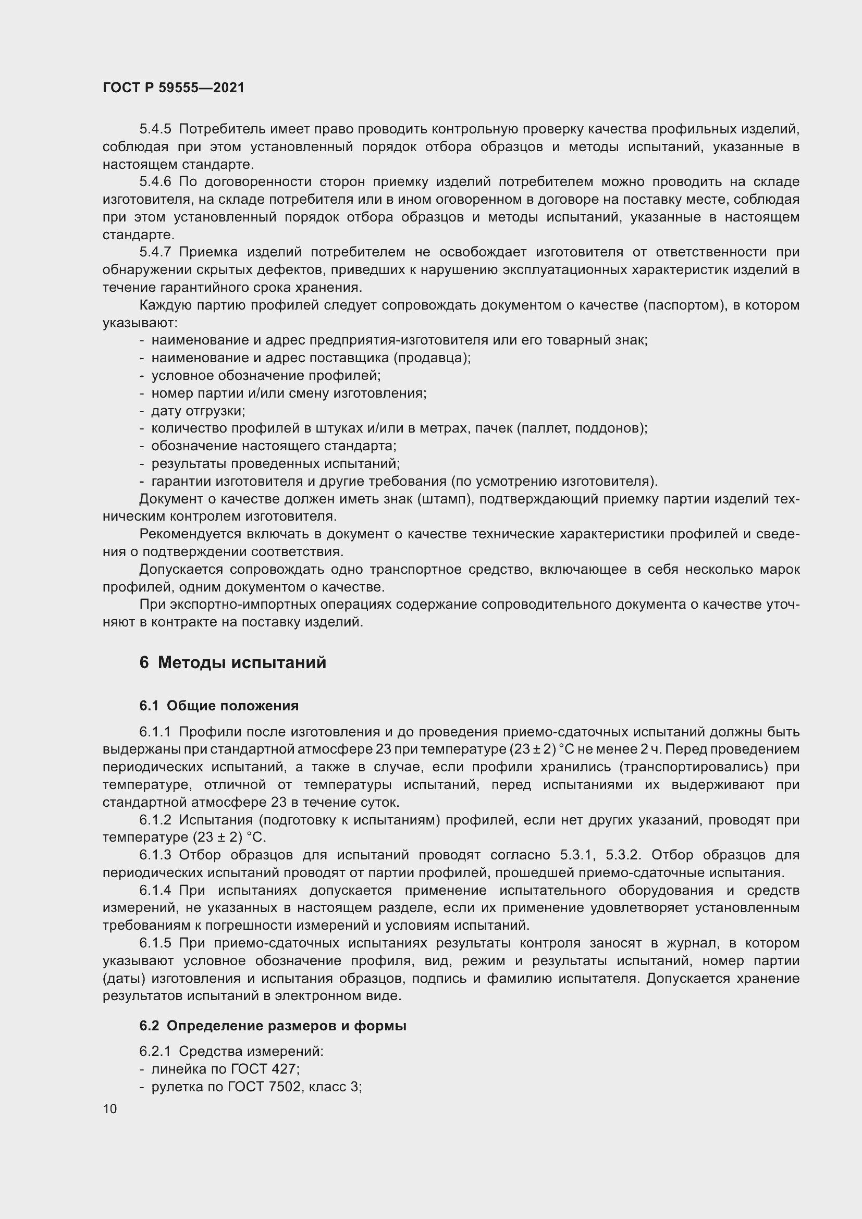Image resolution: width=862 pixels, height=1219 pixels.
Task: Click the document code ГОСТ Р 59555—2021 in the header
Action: coord(174,88)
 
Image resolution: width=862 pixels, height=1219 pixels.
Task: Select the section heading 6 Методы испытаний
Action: coord(232,662)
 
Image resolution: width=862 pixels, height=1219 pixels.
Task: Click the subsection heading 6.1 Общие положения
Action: coord(219,706)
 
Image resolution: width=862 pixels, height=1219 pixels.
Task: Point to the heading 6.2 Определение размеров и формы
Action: coord(273,1026)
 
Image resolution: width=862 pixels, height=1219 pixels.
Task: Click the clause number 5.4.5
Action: coord(155,129)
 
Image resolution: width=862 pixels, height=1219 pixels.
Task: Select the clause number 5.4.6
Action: coord(155,181)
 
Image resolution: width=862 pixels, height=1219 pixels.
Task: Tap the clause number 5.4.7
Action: coord(155,252)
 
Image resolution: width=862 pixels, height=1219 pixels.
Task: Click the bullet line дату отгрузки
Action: coord(198,410)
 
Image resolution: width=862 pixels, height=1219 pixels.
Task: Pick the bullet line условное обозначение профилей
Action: coord(266,375)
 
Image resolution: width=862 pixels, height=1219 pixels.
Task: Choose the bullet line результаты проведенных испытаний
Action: coord(276,463)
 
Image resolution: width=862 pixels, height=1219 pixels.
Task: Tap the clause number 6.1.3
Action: coord(155,855)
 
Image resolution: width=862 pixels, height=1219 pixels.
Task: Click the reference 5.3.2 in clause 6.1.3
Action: coord(623,855)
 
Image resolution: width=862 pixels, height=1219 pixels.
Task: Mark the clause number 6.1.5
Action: coord(155,943)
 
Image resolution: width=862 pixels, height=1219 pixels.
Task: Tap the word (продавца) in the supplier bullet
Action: coord(432,358)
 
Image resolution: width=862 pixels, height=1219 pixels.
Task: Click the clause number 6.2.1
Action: coord(155,1051)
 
